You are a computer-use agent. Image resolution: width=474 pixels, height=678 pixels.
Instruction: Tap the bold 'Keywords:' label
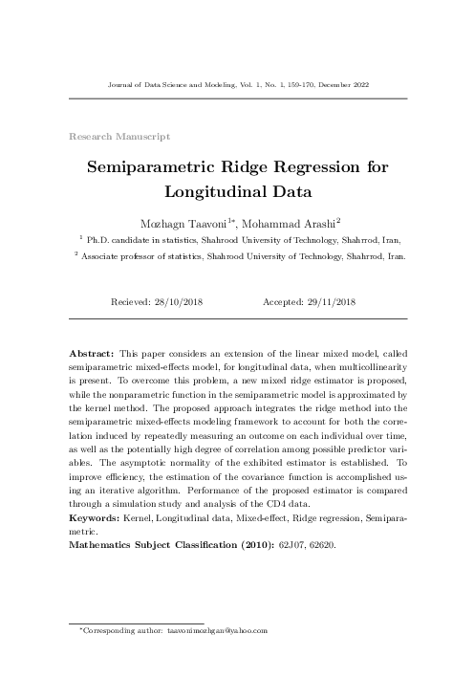tap(95, 516)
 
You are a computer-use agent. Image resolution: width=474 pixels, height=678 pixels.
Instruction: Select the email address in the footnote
tap(215, 631)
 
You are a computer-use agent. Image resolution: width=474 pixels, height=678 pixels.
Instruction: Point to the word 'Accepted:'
tap(281, 302)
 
